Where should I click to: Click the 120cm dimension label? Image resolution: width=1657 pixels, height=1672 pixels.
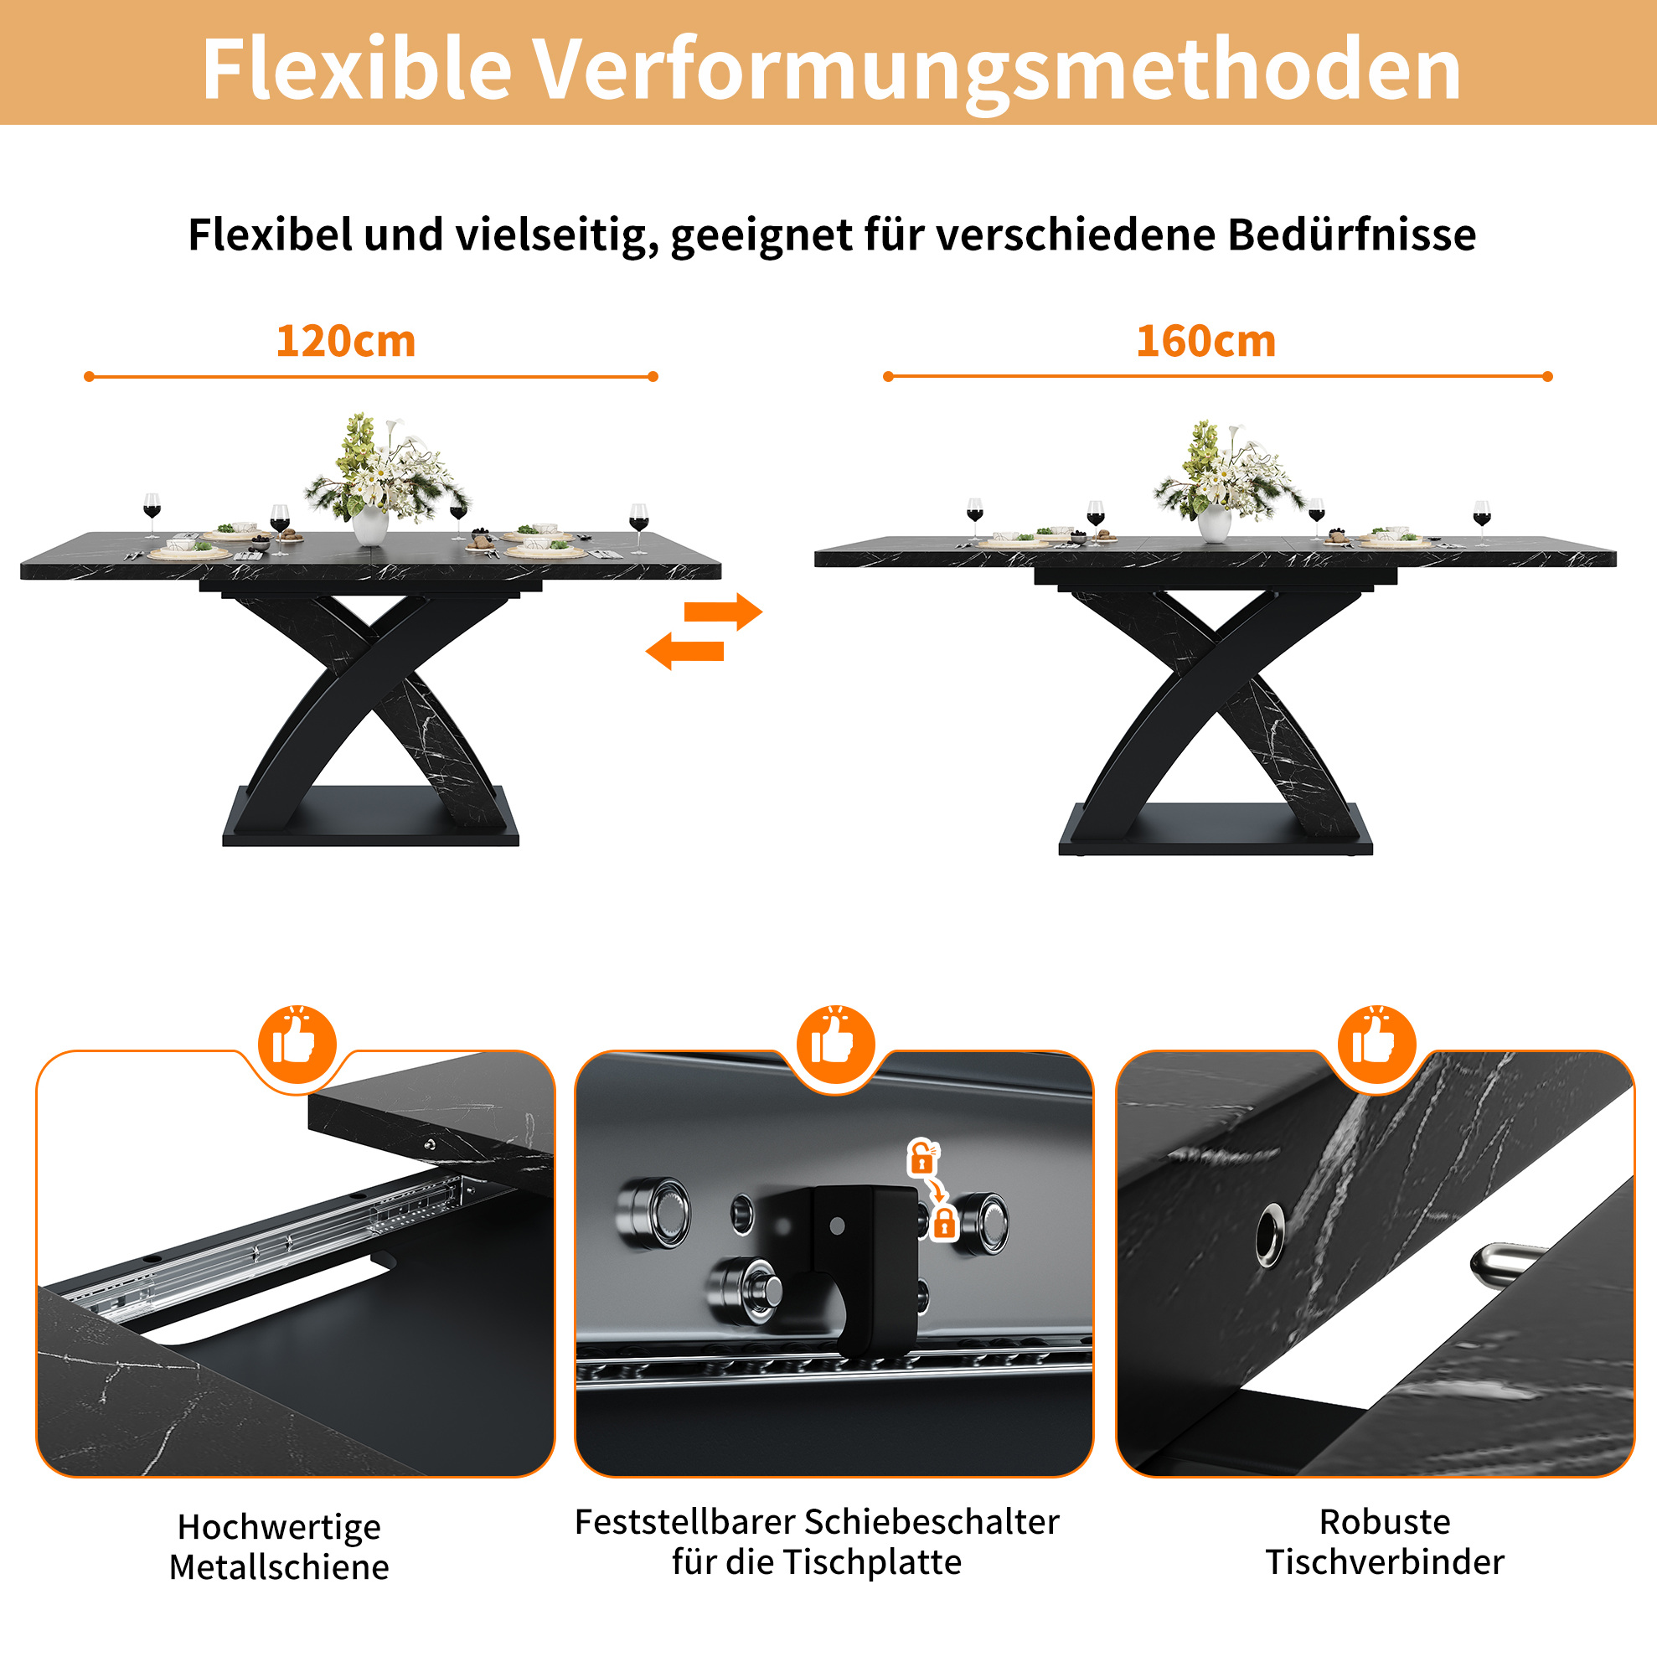click(345, 341)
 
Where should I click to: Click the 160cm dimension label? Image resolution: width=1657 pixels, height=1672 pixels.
click(1205, 341)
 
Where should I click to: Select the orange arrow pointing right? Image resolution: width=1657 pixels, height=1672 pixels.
click(722, 612)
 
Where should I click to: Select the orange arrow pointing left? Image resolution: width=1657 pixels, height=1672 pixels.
click(684, 651)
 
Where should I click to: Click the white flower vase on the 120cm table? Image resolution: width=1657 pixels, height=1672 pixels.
click(370, 525)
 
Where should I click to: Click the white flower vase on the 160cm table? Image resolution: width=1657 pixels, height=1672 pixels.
click(1213, 524)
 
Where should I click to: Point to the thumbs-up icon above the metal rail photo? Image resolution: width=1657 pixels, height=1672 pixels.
click(297, 1044)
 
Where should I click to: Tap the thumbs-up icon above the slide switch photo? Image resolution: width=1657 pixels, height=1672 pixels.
click(834, 1044)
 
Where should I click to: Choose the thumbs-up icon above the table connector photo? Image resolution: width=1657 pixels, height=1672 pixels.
click(1376, 1044)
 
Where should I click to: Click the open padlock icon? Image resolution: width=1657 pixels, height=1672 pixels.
click(922, 1156)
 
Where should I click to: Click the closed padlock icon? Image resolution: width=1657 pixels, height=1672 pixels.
click(944, 1222)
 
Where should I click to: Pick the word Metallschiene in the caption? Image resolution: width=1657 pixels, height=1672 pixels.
click(279, 1567)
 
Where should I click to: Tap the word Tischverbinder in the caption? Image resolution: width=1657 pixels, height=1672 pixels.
click(1385, 1562)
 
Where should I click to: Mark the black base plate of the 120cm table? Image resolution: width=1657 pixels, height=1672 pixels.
click(370, 817)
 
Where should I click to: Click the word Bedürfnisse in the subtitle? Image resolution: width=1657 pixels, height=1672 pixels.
click(1351, 235)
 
